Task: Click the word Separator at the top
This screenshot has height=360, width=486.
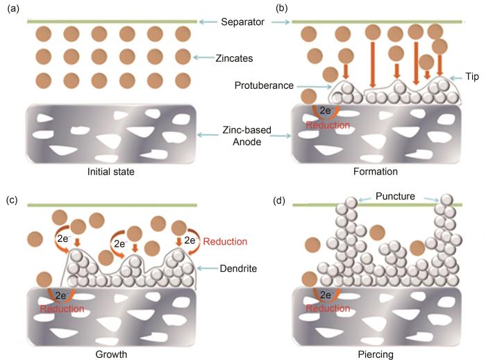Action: coord(242,22)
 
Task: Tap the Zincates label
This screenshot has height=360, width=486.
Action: coord(234,58)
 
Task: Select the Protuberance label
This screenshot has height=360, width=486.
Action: coord(264,85)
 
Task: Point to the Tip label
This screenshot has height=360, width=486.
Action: coord(472,76)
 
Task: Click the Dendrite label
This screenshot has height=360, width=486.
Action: coord(238,268)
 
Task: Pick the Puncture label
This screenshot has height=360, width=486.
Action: coord(395,196)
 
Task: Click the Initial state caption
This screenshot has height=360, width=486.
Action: coord(111,172)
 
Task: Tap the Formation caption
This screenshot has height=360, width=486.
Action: coord(376,172)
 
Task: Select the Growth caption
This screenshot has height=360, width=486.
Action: coord(111,354)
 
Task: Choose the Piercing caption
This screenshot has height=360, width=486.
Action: coord(376,354)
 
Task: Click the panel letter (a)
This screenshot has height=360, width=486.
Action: coord(13,9)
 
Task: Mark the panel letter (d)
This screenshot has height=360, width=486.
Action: coord(279,201)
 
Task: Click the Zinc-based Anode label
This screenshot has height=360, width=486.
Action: coord(246,136)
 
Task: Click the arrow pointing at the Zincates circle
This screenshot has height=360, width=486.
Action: coord(203,58)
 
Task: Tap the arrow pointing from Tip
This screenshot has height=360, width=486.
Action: coord(455,79)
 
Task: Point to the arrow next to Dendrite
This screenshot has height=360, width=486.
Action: coord(207,268)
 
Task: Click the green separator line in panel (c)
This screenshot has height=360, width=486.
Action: coord(112,205)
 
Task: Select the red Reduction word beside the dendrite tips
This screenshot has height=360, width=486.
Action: coord(225,241)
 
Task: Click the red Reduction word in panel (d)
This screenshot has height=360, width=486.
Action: coord(328,308)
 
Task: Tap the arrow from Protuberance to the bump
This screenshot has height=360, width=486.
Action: coord(314,87)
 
